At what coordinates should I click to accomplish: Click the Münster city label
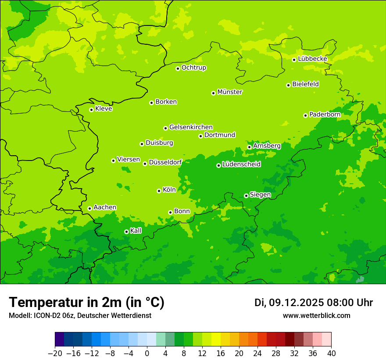click(229, 92)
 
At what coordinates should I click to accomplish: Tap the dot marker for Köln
click(159, 191)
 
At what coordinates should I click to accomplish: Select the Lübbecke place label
click(312, 59)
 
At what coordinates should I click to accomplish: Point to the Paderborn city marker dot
click(305, 115)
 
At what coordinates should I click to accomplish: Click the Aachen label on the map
click(105, 207)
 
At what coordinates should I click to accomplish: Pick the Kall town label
click(136, 231)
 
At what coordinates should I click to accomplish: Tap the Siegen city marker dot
click(246, 196)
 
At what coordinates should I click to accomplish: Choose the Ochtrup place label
click(193, 68)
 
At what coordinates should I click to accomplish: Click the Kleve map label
click(104, 109)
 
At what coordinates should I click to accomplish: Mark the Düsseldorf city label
click(165, 162)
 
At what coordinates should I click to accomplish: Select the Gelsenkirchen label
click(191, 127)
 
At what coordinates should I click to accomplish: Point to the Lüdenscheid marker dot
click(218, 165)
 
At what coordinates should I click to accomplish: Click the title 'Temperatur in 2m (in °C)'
click(86, 303)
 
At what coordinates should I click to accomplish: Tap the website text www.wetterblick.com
click(316, 316)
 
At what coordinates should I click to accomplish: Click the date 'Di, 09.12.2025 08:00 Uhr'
click(314, 303)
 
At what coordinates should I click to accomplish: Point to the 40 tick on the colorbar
click(331, 353)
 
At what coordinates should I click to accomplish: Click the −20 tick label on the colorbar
click(55, 353)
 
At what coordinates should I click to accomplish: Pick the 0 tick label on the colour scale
click(147, 353)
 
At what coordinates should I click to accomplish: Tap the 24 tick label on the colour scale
click(257, 353)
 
